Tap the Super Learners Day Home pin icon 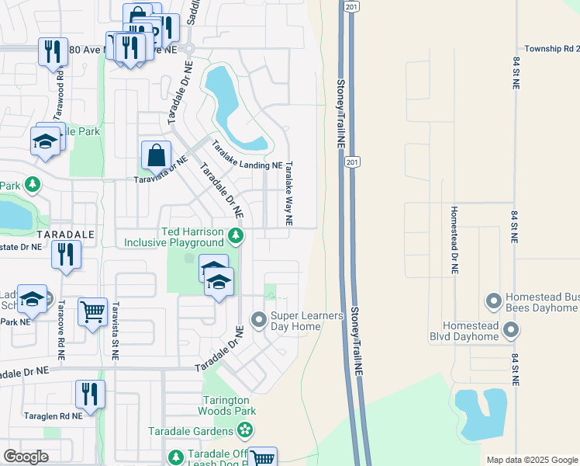tap(258, 319)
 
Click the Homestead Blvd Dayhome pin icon tap(511, 331)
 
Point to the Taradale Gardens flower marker tap(245, 429)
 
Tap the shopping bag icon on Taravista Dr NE tap(156, 155)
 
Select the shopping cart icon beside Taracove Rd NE tap(92, 312)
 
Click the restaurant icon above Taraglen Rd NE tap(90, 394)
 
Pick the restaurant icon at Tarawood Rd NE tap(53, 52)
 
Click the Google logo tap(26, 456)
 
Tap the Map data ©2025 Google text tap(531, 460)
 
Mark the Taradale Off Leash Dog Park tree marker tap(176, 456)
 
